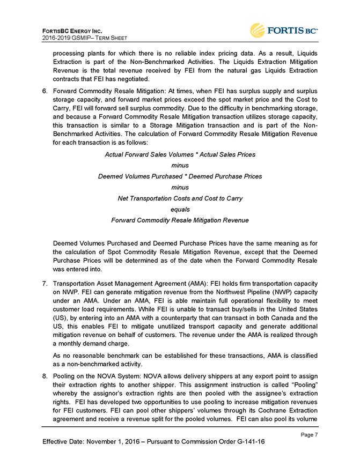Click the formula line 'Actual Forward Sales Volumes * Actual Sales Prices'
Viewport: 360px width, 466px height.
180,154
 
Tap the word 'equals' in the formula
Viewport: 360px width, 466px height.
180,209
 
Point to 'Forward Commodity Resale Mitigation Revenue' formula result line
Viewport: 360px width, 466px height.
180,220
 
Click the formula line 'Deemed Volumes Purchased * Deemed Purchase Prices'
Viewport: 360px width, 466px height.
180,176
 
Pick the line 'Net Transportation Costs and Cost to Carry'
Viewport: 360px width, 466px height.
180,198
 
